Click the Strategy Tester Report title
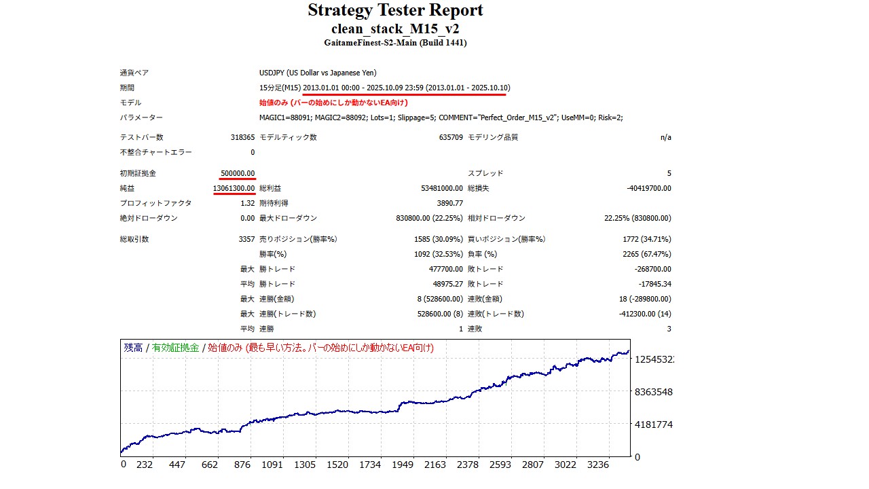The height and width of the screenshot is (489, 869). [x=395, y=11]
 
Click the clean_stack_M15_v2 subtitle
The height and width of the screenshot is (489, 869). [x=395, y=29]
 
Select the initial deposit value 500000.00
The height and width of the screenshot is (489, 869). [x=238, y=173]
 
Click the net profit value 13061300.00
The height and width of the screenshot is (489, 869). [x=234, y=188]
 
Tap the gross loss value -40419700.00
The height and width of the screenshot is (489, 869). [x=649, y=188]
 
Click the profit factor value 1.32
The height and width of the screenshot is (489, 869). [x=248, y=203]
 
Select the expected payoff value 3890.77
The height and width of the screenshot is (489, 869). [x=450, y=203]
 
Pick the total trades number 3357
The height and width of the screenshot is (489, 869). [x=246, y=239]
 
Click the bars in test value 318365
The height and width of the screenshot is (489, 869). [x=242, y=137]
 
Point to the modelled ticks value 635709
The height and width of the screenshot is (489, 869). [x=451, y=137]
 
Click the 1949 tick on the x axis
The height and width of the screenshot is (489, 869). [x=403, y=465]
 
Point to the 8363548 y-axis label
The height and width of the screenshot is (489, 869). [x=654, y=392]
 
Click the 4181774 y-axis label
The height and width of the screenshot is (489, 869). [x=654, y=424]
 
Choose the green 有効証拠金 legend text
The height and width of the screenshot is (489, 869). [x=175, y=348]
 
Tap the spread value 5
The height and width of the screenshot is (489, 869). [x=669, y=173]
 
